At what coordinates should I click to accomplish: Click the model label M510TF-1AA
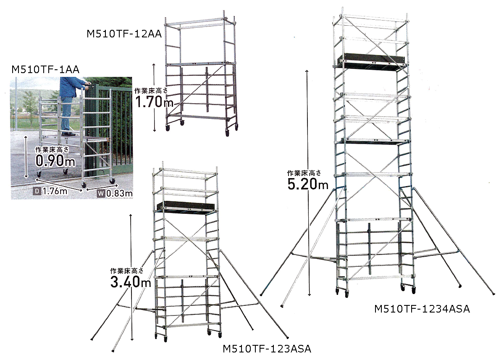pyautogui.click(x=45, y=70)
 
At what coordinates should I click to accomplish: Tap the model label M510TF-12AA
pyautogui.click(x=124, y=34)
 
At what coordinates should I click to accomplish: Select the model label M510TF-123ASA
pyautogui.click(x=267, y=349)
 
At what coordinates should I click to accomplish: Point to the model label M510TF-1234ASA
pyautogui.click(x=422, y=309)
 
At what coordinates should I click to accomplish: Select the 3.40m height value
pyautogui.click(x=131, y=281)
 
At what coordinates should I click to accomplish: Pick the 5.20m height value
pyautogui.click(x=308, y=184)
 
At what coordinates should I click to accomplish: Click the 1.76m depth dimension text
pyautogui.click(x=55, y=192)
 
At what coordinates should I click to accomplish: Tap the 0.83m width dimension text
pyautogui.click(x=119, y=194)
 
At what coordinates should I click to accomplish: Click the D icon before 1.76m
pyautogui.click(x=37, y=192)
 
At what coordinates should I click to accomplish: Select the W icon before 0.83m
pyautogui.click(x=101, y=194)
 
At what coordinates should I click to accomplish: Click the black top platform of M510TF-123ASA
pyautogui.click(x=186, y=207)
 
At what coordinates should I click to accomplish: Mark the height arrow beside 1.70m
pyautogui.click(x=155, y=97)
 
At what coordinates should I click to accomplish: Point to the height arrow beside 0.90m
pyautogui.click(x=26, y=157)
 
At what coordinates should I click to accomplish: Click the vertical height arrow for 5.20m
pyautogui.click(x=308, y=183)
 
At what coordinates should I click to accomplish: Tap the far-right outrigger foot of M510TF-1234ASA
pyautogui.click(x=493, y=294)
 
